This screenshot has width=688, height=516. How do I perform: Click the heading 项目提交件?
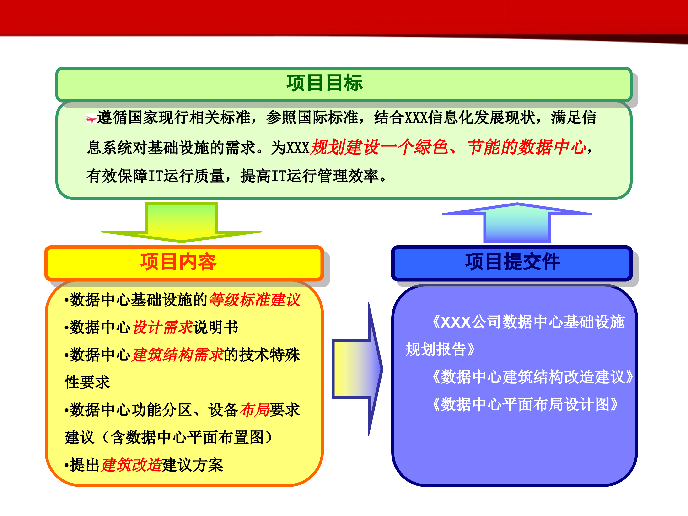coord(513,262)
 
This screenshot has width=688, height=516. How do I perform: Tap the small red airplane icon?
coord(91,118)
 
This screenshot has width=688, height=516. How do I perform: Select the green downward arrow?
coord(182,222)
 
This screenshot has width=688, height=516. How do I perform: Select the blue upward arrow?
coord(517,222)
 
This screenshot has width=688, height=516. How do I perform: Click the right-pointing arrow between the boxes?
coord(358,369)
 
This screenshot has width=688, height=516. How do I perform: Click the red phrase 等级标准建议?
coord(255,300)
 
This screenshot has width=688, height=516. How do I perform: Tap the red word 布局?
coord(255,410)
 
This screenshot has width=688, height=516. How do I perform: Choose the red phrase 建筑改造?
coord(132,465)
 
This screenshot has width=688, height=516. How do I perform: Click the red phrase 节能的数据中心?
coord(526,147)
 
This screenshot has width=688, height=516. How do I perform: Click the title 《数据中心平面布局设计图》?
coord(525,404)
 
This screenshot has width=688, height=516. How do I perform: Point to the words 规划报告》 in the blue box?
coord(440,349)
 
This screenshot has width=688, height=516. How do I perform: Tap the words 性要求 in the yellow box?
coord(87,382)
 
